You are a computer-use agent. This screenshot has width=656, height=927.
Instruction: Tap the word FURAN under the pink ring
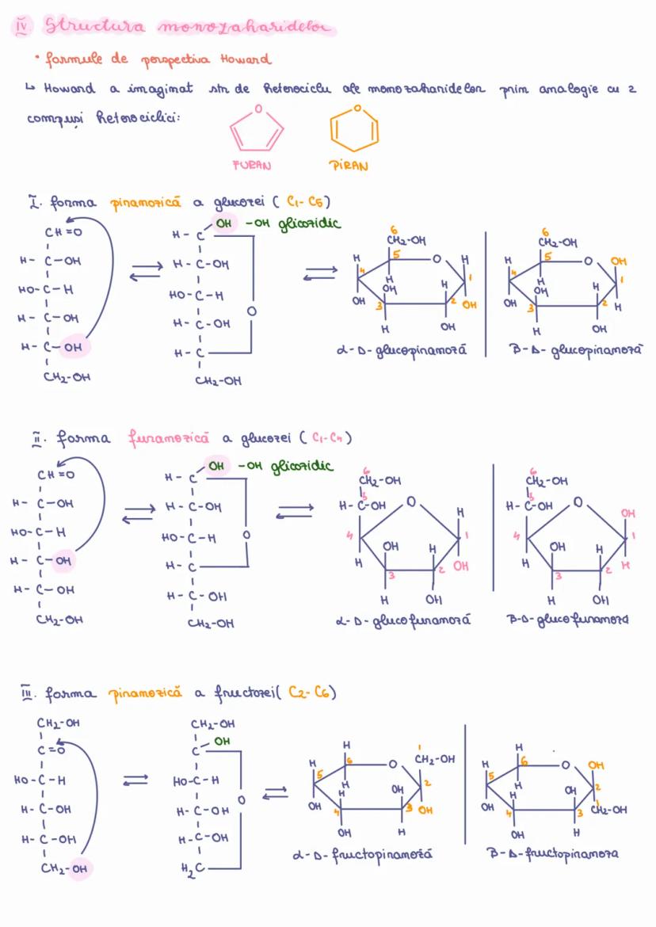click(252, 166)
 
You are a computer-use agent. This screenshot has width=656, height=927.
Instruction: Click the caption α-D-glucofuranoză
click(403, 620)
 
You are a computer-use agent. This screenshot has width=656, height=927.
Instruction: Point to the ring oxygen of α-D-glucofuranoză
click(411, 502)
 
